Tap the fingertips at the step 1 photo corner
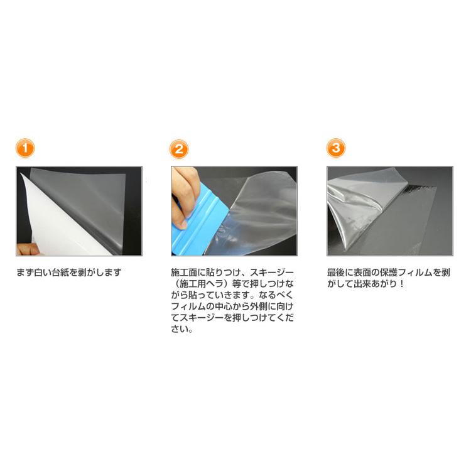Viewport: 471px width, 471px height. coord(23,249)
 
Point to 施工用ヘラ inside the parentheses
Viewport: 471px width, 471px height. coord(202,284)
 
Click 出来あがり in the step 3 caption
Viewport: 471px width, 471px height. coord(376,284)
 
